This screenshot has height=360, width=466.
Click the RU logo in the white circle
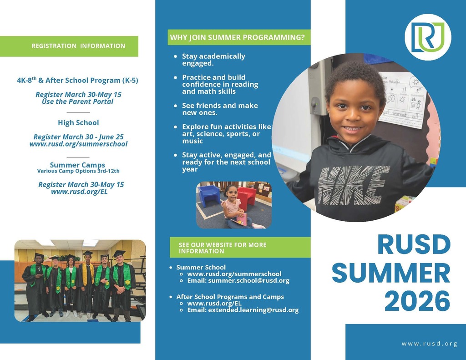(428, 37)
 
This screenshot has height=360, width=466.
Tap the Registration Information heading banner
(69, 46)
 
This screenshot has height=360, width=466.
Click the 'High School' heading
(78, 122)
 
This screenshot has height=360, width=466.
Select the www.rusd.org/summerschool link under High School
(78, 144)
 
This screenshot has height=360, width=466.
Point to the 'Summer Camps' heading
(77, 165)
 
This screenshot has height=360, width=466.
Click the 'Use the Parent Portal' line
(77, 101)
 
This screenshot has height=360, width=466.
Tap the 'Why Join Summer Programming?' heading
(238, 37)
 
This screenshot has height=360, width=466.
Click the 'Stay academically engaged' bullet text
(214, 60)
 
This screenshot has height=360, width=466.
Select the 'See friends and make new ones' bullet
(220, 109)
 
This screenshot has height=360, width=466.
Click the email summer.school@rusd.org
(248, 280)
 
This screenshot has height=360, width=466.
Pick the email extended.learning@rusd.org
(253, 310)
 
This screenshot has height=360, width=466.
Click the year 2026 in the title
(417, 301)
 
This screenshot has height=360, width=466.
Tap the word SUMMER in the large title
(391, 273)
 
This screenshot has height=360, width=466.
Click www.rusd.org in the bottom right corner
(429, 344)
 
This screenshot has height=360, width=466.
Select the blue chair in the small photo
(209, 196)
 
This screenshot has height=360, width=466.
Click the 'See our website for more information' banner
(240, 248)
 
